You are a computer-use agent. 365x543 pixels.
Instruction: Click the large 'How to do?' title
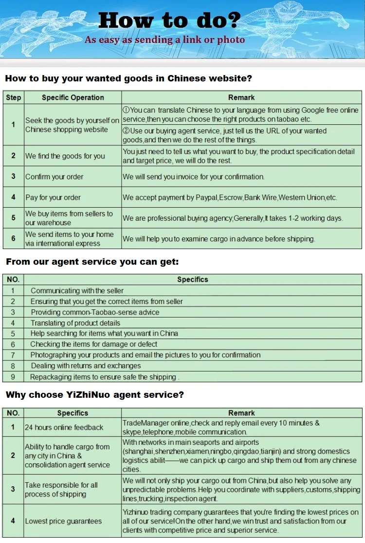(x=169, y=20)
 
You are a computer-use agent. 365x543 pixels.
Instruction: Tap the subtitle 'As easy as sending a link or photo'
(x=164, y=40)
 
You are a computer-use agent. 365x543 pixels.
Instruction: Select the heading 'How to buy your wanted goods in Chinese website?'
(x=128, y=78)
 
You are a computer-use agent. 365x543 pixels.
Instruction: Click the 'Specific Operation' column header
(x=73, y=97)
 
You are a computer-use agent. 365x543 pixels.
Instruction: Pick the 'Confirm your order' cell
(x=55, y=176)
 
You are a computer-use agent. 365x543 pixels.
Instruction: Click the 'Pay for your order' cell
(x=53, y=197)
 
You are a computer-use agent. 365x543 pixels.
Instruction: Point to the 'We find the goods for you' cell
(x=65, y=156)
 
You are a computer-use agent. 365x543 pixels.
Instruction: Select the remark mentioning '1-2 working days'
(x=233, y=218)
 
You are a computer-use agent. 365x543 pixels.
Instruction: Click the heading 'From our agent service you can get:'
(x=92, y=262)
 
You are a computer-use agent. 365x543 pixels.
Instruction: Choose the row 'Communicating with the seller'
(x=77, y=291)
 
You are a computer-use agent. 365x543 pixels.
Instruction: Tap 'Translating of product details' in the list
(x=75, y=323)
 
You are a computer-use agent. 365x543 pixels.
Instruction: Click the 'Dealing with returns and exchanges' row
(x=86, y=366)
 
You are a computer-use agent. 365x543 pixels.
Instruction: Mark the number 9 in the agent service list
(x=13, y=377)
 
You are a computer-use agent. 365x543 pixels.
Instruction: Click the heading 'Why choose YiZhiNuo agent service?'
(x=95, y=395)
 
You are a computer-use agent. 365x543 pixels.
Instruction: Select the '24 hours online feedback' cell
(x=64, y=427)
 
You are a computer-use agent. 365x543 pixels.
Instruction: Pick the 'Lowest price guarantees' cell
(x=63, y=521)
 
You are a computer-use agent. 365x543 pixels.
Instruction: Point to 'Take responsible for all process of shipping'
(x=61, y=489)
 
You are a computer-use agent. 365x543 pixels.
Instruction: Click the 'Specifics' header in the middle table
(x=192, y=279)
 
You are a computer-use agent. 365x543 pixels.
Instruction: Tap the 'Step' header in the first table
(x=14, y=97)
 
